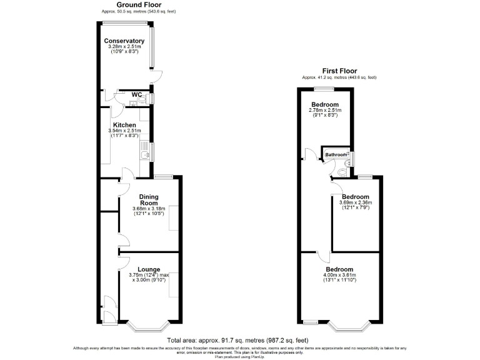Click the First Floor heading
pyautogui.click(x=339, y=71)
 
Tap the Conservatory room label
pyautogui.click(x=124, y=41)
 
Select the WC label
pyautogui.click(x=137, y=95)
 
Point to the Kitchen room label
pyautogui.click(x=124, y=125)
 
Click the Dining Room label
pyautogui.click(x=149, y=200)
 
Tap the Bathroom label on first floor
pyautogui.click(x=335, y=154)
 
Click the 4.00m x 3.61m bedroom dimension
pyautogui.click(x=340, y=277)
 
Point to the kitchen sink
pyautogui.click(x=144, y=151)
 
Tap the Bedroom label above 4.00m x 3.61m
pyautogui.click(x=340, y=269)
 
